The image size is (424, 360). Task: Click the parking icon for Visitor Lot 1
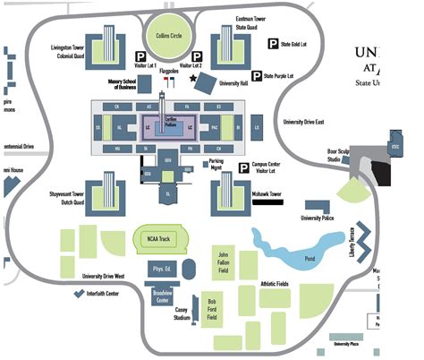140,54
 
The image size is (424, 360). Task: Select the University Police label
318,218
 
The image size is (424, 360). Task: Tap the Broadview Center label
162,297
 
